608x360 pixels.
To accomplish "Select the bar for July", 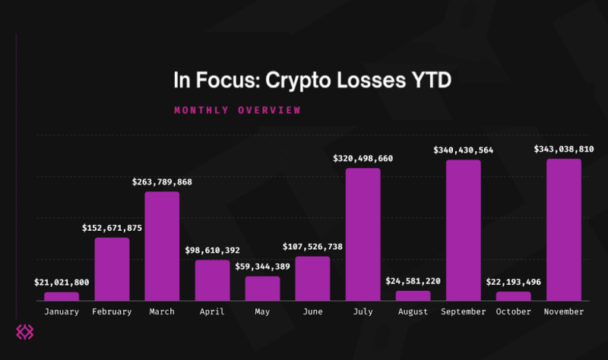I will click(363, 234).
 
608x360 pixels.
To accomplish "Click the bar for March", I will click(162, 245).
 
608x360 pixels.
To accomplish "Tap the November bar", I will click(563, 229).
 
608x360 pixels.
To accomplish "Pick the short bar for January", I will click(62, 296).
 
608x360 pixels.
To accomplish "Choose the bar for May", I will click(262, 288).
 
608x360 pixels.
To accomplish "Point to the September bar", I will click(463, 230).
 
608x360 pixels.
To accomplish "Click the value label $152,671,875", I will click(112, 228).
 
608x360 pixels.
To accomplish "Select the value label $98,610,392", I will click(213, 250).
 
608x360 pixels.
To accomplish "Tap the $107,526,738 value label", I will click(313, 246).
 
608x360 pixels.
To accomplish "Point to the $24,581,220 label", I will click(413, 281).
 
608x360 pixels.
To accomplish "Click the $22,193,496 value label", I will click(514, 282).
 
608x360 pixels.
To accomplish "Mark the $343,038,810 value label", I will click(564, 149).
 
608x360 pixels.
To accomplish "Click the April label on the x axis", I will click(212, 311).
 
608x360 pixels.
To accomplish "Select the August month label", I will click(413, 311).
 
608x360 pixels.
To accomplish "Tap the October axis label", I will click(513, 311).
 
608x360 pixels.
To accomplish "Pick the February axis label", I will click(112, 311).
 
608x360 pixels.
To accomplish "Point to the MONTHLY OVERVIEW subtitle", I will click(237, 110).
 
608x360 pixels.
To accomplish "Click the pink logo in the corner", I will click(27, 332).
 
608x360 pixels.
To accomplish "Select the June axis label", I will click(312, 311).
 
